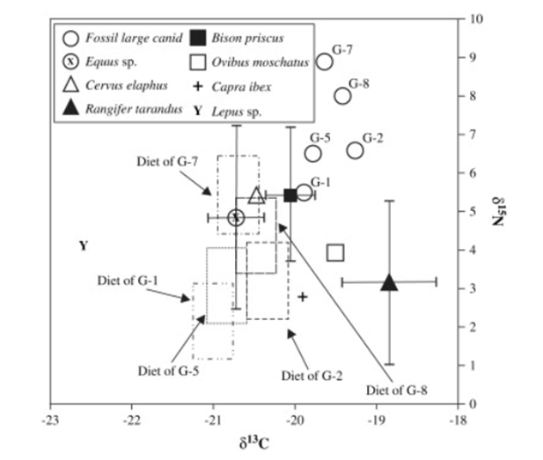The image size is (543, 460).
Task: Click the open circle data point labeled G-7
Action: point(325,62)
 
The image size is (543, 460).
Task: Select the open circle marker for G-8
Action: point(342,96)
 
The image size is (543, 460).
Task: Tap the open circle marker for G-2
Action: point(355,150)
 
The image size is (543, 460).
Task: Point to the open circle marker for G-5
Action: point(312,153)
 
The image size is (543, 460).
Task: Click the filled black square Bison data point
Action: point(290,194)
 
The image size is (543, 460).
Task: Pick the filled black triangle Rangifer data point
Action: point(390,282)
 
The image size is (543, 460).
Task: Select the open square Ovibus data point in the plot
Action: point(334,253)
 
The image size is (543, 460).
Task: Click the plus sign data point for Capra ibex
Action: point(302,296)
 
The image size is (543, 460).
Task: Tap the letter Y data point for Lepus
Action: point(83,246)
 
